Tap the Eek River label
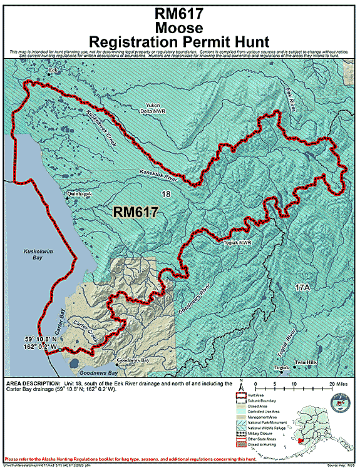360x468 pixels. tap(290, 99)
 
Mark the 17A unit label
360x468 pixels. tap(302, 288)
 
